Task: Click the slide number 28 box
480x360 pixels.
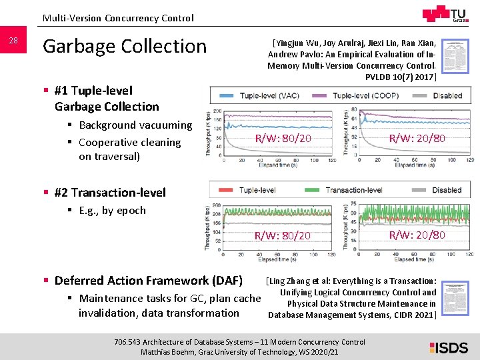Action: [13, 41]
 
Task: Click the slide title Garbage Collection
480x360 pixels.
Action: [125, 46]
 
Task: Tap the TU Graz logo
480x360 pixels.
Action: [445, 15]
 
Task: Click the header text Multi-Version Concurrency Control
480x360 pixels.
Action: [118, 18]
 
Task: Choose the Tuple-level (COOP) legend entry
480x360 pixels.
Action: [367, 96]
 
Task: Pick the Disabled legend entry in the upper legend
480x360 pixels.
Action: [446, 96]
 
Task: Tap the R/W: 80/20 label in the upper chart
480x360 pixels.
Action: [283, 138]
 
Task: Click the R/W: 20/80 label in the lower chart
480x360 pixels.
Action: [417, 235]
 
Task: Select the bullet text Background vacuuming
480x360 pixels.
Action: [135, 125]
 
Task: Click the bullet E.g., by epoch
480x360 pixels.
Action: [112, 210]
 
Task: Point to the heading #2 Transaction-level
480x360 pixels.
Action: [110, 193]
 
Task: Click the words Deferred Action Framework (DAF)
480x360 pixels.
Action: [148, 280]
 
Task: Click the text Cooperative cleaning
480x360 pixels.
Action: [129, 142]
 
